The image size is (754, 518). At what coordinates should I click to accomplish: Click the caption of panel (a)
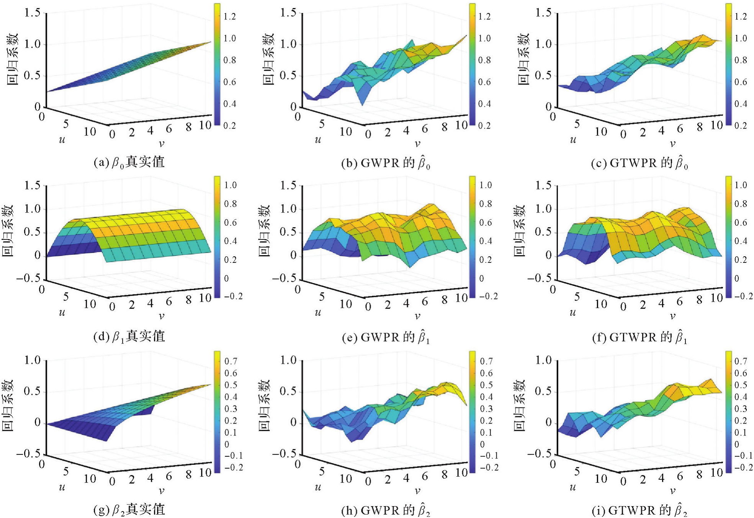pos(129,162)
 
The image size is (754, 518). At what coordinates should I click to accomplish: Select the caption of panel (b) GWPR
pos(385,163)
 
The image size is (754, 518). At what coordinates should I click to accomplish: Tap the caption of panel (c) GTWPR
pos(639,163)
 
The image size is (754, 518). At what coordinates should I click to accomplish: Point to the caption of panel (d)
pos(129,336)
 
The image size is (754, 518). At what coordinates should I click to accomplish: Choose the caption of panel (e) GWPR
pos(385,337)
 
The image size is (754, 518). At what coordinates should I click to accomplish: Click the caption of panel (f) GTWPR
pos(639,337)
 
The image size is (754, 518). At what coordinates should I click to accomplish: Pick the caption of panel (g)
pos(129,510)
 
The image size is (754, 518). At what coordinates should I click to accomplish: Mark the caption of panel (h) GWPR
pos(385,510)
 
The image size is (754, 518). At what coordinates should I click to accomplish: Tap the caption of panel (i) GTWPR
pos(639,510)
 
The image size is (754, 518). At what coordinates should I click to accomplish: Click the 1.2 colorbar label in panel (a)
pos(230,16)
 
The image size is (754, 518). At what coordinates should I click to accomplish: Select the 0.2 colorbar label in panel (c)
pos(741,125)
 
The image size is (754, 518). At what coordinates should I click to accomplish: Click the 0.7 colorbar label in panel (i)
pos(741,361)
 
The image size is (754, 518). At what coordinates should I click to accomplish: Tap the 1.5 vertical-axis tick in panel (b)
pos(288,13)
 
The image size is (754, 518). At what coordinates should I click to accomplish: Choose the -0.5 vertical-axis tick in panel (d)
pos(28,278)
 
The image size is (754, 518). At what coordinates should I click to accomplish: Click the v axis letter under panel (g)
pos(162,490)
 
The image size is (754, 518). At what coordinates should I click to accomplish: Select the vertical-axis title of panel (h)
pos(264,406)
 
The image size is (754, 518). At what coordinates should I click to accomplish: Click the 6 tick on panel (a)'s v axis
pos(169,129)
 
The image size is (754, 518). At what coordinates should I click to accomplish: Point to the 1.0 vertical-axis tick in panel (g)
pos(33,360)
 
